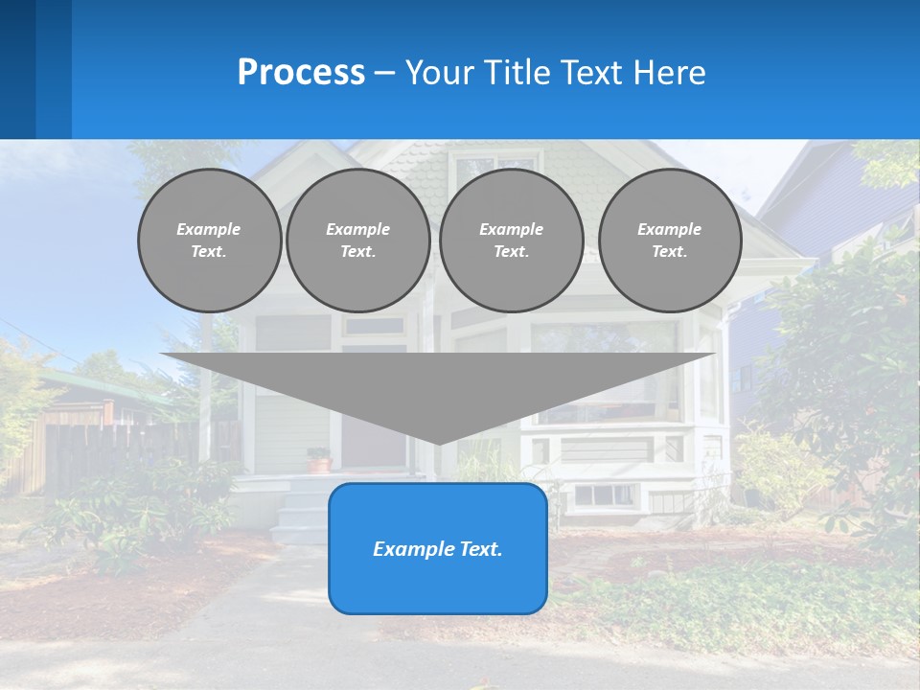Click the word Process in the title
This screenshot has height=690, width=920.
(x=301, y=73)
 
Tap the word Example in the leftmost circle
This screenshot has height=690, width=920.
(x=209, y=229)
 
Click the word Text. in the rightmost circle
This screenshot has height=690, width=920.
(x=670, y=251)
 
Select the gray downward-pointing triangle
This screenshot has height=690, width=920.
(x=438, y=388)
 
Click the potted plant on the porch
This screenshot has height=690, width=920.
(x=318, y=460)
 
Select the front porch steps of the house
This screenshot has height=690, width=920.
(x=299, y=513)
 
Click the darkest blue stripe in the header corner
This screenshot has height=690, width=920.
(x=17, y=69)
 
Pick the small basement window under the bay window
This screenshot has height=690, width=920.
(x=604, y=495)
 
